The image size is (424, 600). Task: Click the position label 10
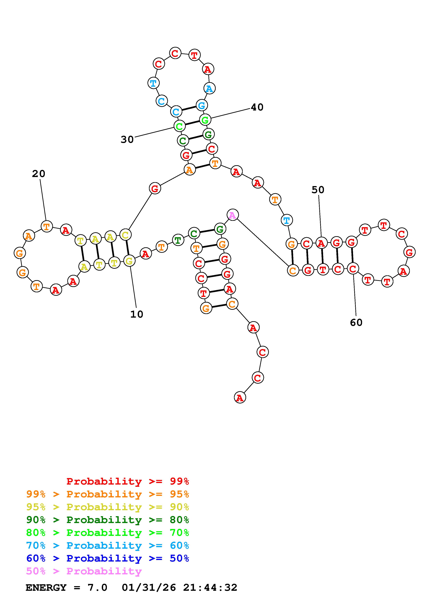[x=137, y=314]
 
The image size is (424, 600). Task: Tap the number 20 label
[x=39, y=174]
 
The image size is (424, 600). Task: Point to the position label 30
[x=127, y=140]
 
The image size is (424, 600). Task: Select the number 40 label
[x=257, y=107]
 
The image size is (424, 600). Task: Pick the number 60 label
[x=356, y=322]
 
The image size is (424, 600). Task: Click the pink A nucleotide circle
[x=232, y=215]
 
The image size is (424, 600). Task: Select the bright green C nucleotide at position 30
[x=179, y=126]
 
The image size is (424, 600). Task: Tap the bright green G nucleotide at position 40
[x=205, y=120]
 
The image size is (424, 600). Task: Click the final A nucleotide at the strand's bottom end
[x=240, y=397]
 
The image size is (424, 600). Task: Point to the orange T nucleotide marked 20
[x=47, y=226]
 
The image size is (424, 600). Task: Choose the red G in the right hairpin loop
[x=409, y=252]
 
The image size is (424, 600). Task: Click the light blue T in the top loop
[x=153, y=83]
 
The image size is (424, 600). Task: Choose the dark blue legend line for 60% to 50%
[x=107, y=558]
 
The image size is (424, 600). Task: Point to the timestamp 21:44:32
[x=210, y=588]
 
